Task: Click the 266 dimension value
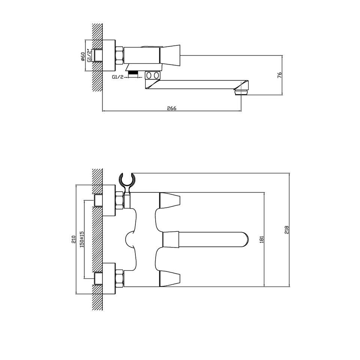pos(171,108)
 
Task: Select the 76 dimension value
pos(279,75)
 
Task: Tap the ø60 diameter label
pos(83,57)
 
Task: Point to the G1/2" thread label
pos(89,55)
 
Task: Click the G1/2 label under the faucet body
pos(118,77)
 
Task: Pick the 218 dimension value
pos(286,229)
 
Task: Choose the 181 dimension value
pos(261,239)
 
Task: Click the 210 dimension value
pos(73,239)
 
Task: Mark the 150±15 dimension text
pos(82,239)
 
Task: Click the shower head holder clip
pos(127,181)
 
